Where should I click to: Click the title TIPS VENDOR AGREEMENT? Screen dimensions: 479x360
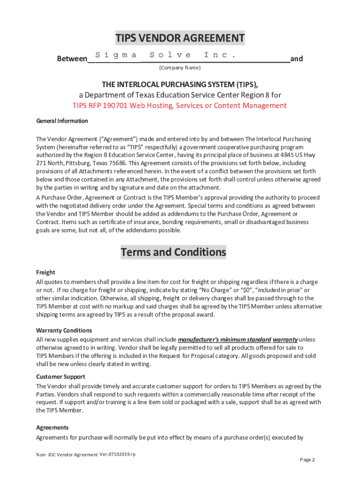[x=180, y=38]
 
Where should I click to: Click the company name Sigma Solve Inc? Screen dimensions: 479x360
[x=164, y=55]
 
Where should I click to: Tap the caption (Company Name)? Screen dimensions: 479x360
[x=180, y=68]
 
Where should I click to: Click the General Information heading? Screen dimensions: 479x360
[x=62, y=121]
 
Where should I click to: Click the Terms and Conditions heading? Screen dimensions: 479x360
[x=173, y=252]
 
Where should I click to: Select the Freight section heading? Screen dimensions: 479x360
[x=46, y=272]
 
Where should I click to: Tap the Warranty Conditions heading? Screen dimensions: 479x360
[x=61, y=331]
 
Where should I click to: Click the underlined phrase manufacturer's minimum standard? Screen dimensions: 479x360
[x=224, y=339]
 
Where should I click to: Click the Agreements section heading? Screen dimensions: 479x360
[x=52, y=428]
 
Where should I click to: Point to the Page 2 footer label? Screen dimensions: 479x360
[x=307, y=460]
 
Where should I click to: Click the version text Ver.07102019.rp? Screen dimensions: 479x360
[x=117, y=455]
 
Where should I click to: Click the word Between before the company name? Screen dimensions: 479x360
[x=72, y=59]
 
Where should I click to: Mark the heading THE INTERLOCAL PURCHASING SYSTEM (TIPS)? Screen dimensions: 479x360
[x=180, y=84]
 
